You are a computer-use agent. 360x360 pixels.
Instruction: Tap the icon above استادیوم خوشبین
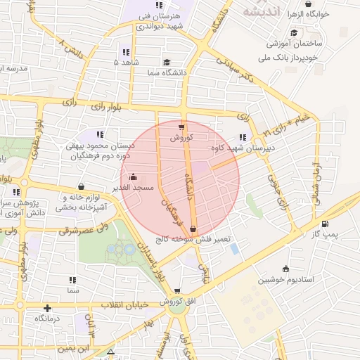[x=285, y=268]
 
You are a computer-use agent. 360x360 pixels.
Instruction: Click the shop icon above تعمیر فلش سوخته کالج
[x=193, y=228]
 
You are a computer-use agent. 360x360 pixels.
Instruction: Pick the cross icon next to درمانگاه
[x=47, y=308]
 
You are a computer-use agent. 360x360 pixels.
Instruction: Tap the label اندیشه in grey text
[x=262, y=12]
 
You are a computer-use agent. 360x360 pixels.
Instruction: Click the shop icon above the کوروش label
[x=181, y=127]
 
